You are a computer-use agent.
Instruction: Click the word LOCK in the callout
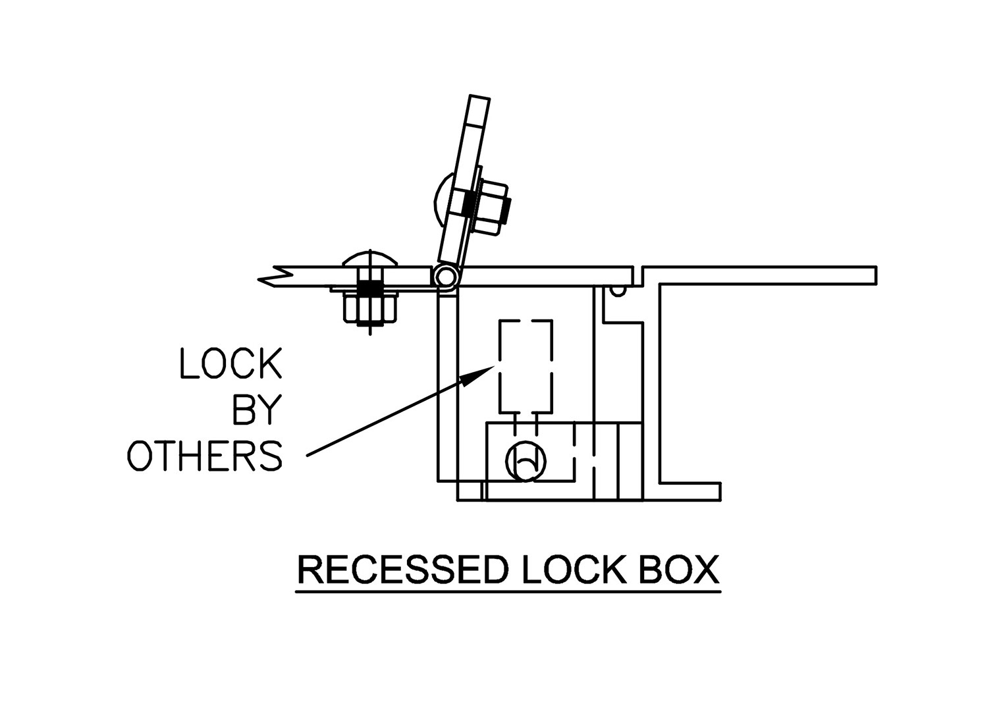(x=231, y=363)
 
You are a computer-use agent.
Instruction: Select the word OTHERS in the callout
(x=205, y=455)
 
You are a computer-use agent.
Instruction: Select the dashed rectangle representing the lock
(x=525, y=365)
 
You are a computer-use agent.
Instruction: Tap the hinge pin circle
(x=446, y=275)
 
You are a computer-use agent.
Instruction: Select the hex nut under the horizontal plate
(x=370, y=308)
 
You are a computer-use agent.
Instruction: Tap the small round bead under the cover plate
(x=618, y=290)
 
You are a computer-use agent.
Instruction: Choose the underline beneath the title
(x=508, y=592)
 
